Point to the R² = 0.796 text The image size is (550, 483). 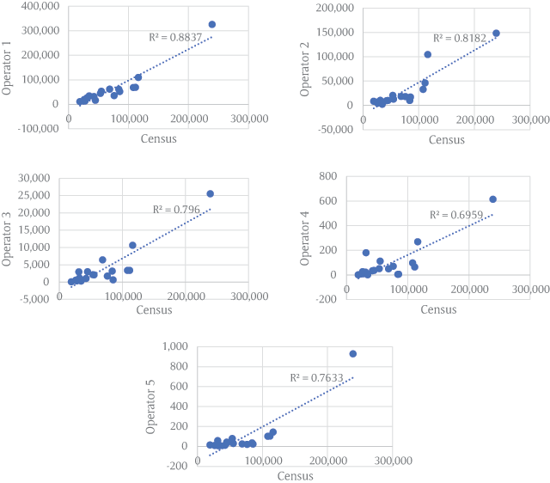click(x=174, y=209)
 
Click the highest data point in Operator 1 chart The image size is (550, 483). click(x=212, y=24)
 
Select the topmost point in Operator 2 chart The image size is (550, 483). click(x=496, y=34)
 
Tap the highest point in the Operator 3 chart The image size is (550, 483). click(x=210, y=193)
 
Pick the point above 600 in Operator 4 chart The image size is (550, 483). click(x=492, y=199)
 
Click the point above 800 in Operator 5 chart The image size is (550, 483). click(x=352, y=353)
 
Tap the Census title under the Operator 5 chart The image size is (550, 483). click(x=295, y=474)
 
